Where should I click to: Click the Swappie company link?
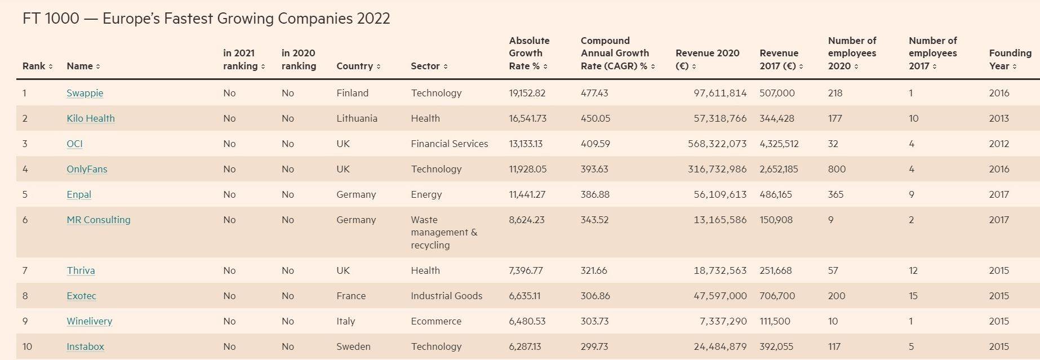click(x=85, y=93)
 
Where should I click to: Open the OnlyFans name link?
click(x=87, y=169)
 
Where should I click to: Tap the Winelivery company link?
click(x=89, y=321)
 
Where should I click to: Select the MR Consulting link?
click(x=98, y=220)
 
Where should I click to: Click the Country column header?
click(x=354, y=66)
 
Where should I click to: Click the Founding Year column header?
click(x=1010, y=59)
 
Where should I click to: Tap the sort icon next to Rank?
click(x=51, y=66)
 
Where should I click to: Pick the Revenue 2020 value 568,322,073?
click(x=717, y=144)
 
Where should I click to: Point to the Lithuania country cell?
click(x=357, y=118)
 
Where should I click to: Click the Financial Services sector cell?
click(x=449, y=144)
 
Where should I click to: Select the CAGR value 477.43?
click(x=594, y=93)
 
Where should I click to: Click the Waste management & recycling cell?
click(x=443, y=232)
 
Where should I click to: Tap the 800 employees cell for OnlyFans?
click(x=837, y=169)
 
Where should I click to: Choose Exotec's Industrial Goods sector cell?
click(x=446, y=296)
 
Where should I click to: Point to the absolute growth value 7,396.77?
click(x=526, y=270)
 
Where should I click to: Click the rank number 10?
click(x=27, y=346)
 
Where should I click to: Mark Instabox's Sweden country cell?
click(x=353, y=346)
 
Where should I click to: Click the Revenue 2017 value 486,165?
click(x=775, y=194)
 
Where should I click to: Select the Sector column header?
click(x=425, y=66)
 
